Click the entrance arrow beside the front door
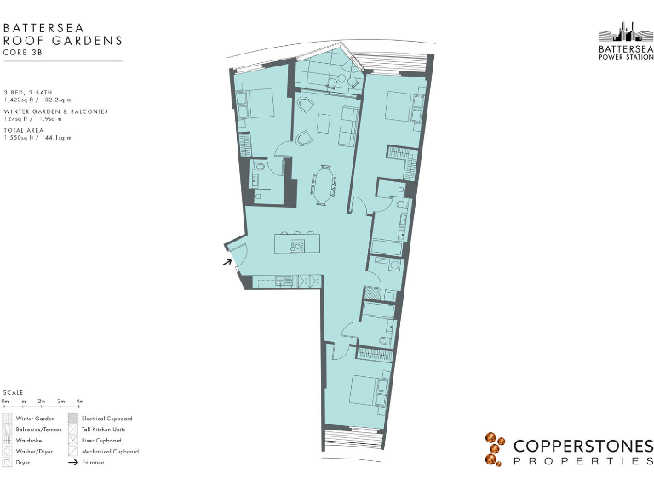point(227,263)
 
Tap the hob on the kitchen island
point(297,246)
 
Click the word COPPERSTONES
point(582,446)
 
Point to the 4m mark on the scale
point(80,401)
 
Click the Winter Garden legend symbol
point(8,419)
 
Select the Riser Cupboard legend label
point(101,441)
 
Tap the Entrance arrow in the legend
point(73,463)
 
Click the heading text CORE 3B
point(21,52)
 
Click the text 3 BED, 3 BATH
point(29,92)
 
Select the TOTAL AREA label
point(25,130)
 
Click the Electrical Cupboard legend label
point(106,419)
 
